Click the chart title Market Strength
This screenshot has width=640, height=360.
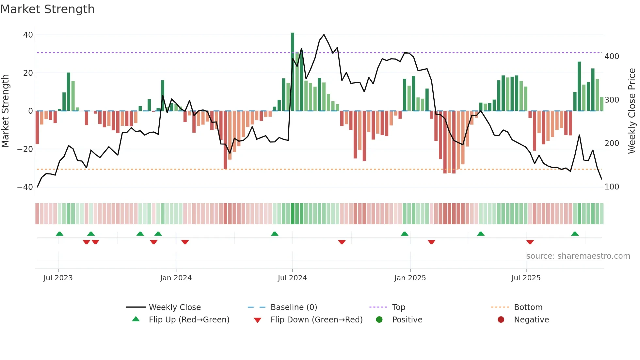pos(47,9)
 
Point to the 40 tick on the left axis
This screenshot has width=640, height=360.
pos(28,35)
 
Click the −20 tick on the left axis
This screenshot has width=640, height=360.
pos(25,149)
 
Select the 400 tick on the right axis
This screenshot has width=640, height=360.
pos(612,57)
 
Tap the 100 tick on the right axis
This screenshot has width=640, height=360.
pos(612,187)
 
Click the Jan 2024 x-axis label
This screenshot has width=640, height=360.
pos(176,278)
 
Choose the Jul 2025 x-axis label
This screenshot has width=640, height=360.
pos(526,278)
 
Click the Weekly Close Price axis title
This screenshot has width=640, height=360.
pos(632,111)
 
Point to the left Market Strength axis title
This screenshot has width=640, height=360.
pos(5,111)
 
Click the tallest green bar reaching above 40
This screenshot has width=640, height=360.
pos(293,72)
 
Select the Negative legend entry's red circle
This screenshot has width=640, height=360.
pos(501,320)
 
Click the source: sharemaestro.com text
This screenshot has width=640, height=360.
pos(578,256)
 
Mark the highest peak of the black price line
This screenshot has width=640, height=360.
pos(324,34)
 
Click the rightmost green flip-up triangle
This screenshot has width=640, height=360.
pos(575,234)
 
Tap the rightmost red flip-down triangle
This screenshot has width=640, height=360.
pos(530,242)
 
